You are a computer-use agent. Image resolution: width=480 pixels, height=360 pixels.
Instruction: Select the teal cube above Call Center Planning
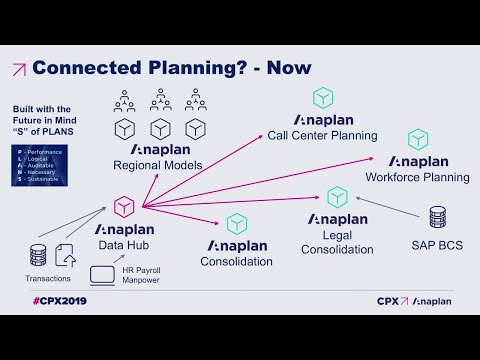322,98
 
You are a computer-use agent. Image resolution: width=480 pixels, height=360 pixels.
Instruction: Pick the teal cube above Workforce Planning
417,139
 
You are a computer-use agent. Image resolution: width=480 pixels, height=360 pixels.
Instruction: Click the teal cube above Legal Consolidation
337,196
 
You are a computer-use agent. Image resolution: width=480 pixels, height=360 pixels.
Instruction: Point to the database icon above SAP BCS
437,218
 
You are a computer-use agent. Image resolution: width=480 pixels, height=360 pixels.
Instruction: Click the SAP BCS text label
437,244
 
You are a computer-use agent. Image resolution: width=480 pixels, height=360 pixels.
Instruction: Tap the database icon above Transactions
39,254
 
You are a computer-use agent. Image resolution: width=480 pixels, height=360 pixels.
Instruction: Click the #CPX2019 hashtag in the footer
57,300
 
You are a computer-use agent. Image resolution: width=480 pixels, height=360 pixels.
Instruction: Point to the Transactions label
48,279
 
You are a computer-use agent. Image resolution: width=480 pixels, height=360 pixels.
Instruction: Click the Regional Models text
157,165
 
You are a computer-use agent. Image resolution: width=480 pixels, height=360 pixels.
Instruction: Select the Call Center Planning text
321,135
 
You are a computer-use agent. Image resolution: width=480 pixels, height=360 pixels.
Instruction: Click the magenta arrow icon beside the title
19,68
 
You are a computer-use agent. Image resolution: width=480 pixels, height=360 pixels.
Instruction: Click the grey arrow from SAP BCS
386,205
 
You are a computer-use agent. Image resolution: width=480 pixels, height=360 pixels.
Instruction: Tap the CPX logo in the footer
391,300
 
